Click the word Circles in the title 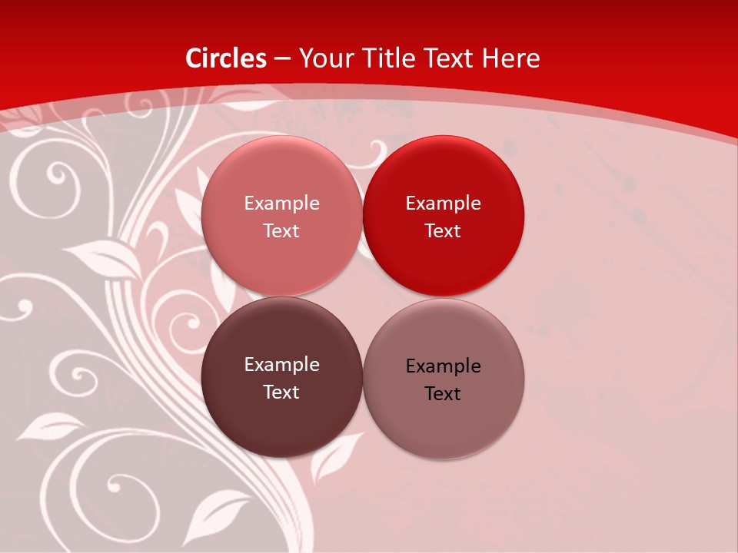click(225, 58)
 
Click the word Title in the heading click(387, 58)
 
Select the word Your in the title click(327, 58)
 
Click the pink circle click(281, 216)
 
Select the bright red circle click(443, 216)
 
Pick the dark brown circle click(281, 377)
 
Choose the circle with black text click(443, 379)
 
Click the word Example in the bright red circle click(443, 204)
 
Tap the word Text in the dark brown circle click(281, 392)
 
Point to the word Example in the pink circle click(281, 204)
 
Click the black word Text click(443, 393)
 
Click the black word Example click(443, 366)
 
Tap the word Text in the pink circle click(281, 230)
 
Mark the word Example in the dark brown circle click(281, 365)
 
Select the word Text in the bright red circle click(443, 230)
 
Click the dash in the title click(282, 58)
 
